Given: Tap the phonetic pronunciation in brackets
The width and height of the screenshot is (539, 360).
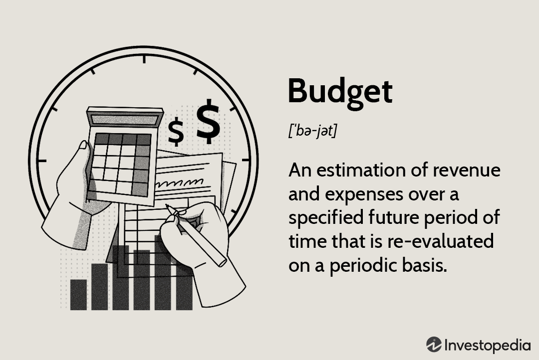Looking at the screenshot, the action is click(x=312, y=131).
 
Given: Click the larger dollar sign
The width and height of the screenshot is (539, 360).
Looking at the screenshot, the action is click(x=208, y=122).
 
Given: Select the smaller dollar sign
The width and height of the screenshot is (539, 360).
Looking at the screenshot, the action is click(x=176, y=131).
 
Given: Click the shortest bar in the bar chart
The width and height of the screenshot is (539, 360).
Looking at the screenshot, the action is click(x=78, y=295).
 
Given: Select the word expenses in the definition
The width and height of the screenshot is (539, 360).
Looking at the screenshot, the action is click(x=364, y=195).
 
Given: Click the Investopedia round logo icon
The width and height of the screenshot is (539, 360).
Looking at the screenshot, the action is click(x=434, y=344).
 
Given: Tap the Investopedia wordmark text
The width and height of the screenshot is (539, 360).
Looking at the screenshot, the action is click(x=488, y=345).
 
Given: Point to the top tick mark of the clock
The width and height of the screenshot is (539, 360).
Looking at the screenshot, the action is click(x=144, y=59).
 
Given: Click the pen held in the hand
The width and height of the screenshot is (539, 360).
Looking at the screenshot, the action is click(x=196, y=236).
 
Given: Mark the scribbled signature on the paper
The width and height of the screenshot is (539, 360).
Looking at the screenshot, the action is click(x=179, y=182).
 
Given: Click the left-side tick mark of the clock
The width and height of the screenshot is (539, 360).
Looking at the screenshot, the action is click(x=41, y=161).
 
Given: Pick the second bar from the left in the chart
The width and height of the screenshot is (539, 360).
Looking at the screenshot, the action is click(x=100, y=287).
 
